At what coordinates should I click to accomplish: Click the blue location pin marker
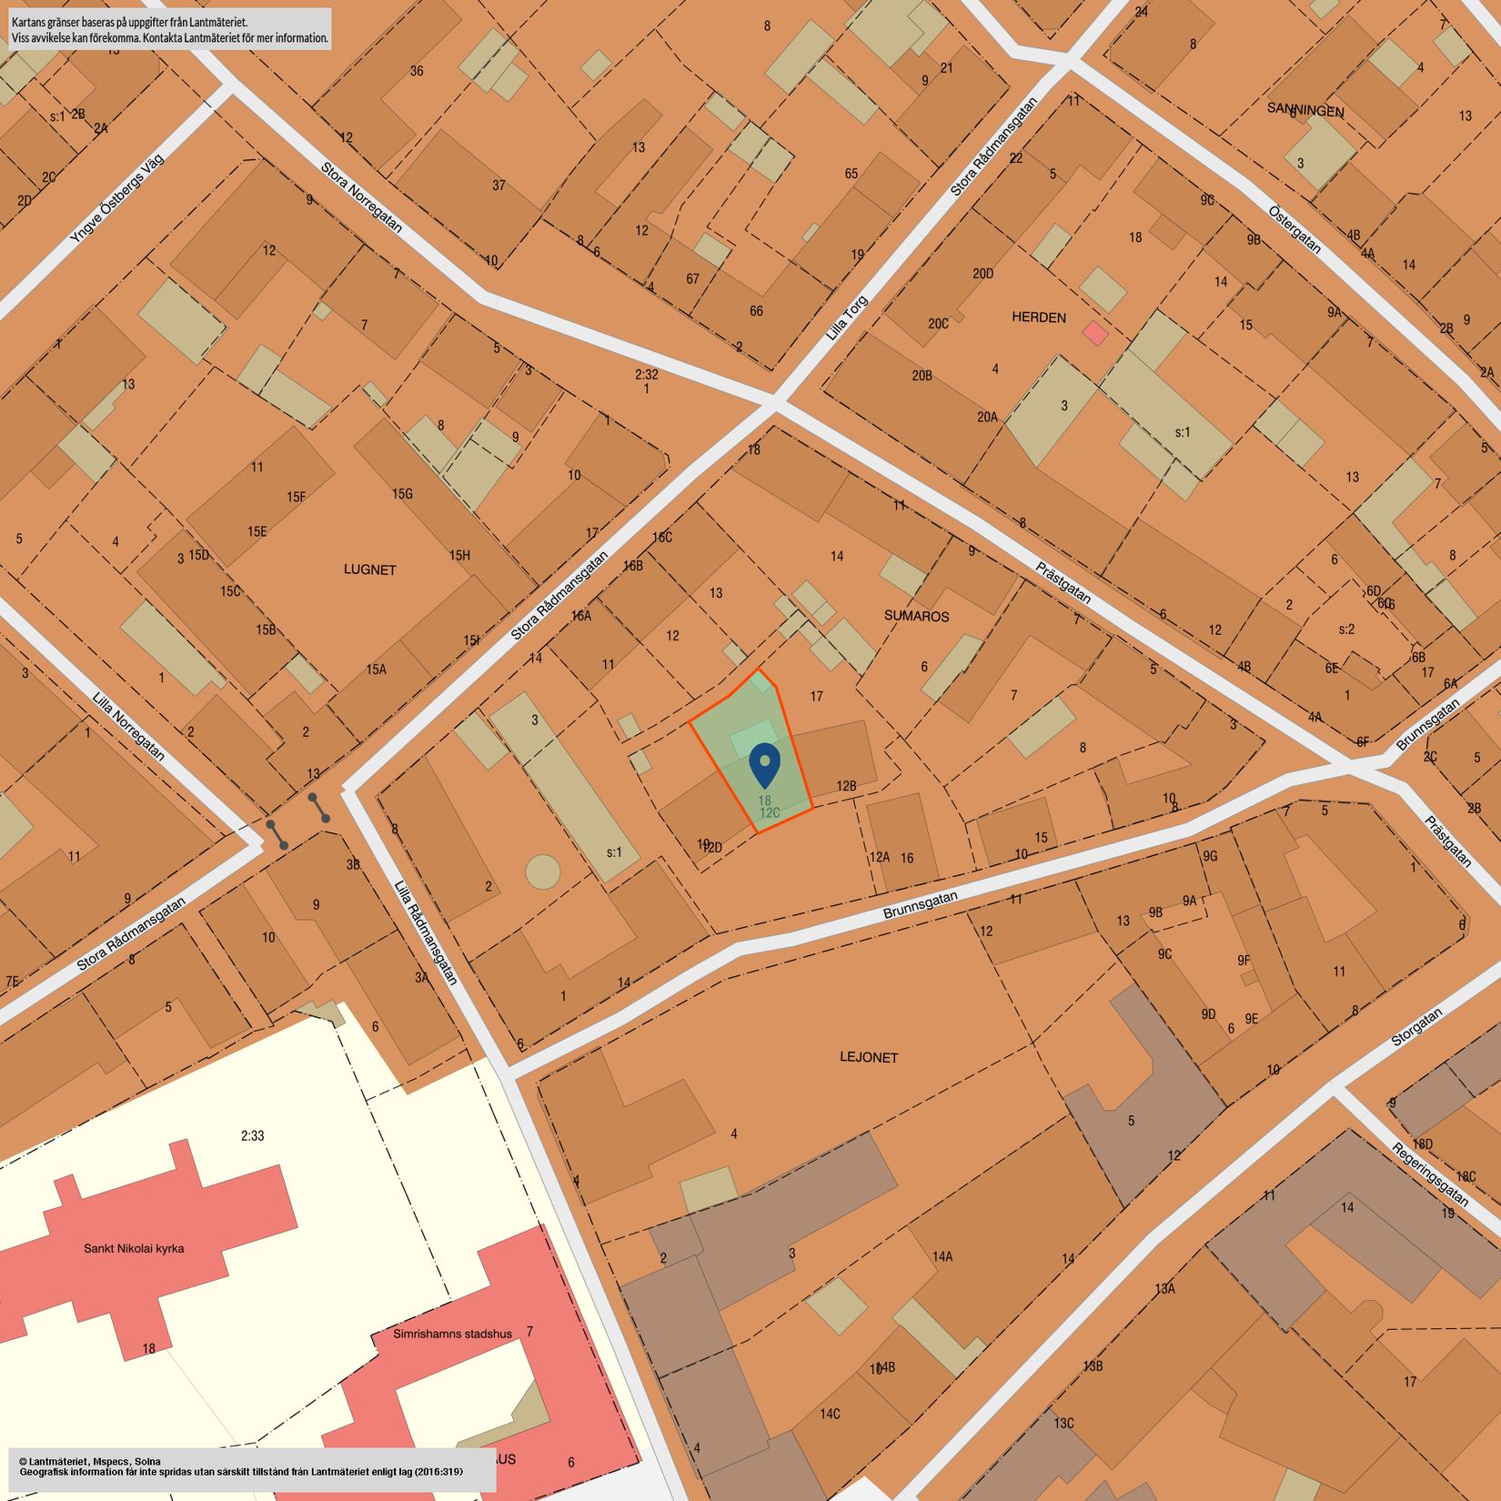(765, 767)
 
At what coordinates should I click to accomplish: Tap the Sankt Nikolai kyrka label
(134, 1248)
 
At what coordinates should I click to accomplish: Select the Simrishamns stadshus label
(452, 1334)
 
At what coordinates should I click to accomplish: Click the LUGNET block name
(369, 569)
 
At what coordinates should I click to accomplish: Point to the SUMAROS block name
(916, 616)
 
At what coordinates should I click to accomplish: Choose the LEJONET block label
(869, 1057)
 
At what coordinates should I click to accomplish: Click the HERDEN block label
(1038, 317)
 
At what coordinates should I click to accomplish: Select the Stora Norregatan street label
(361, 196)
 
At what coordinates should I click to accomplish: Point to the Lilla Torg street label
(847, 318)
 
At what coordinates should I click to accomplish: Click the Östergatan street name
(1294, 229)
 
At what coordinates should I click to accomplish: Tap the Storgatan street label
(1416, 1028)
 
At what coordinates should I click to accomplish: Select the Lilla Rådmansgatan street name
(425, 932)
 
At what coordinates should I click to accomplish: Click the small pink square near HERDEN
(1095, 333)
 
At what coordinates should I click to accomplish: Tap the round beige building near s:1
(543, 871)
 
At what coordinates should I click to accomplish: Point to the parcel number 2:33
(252, 1135)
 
